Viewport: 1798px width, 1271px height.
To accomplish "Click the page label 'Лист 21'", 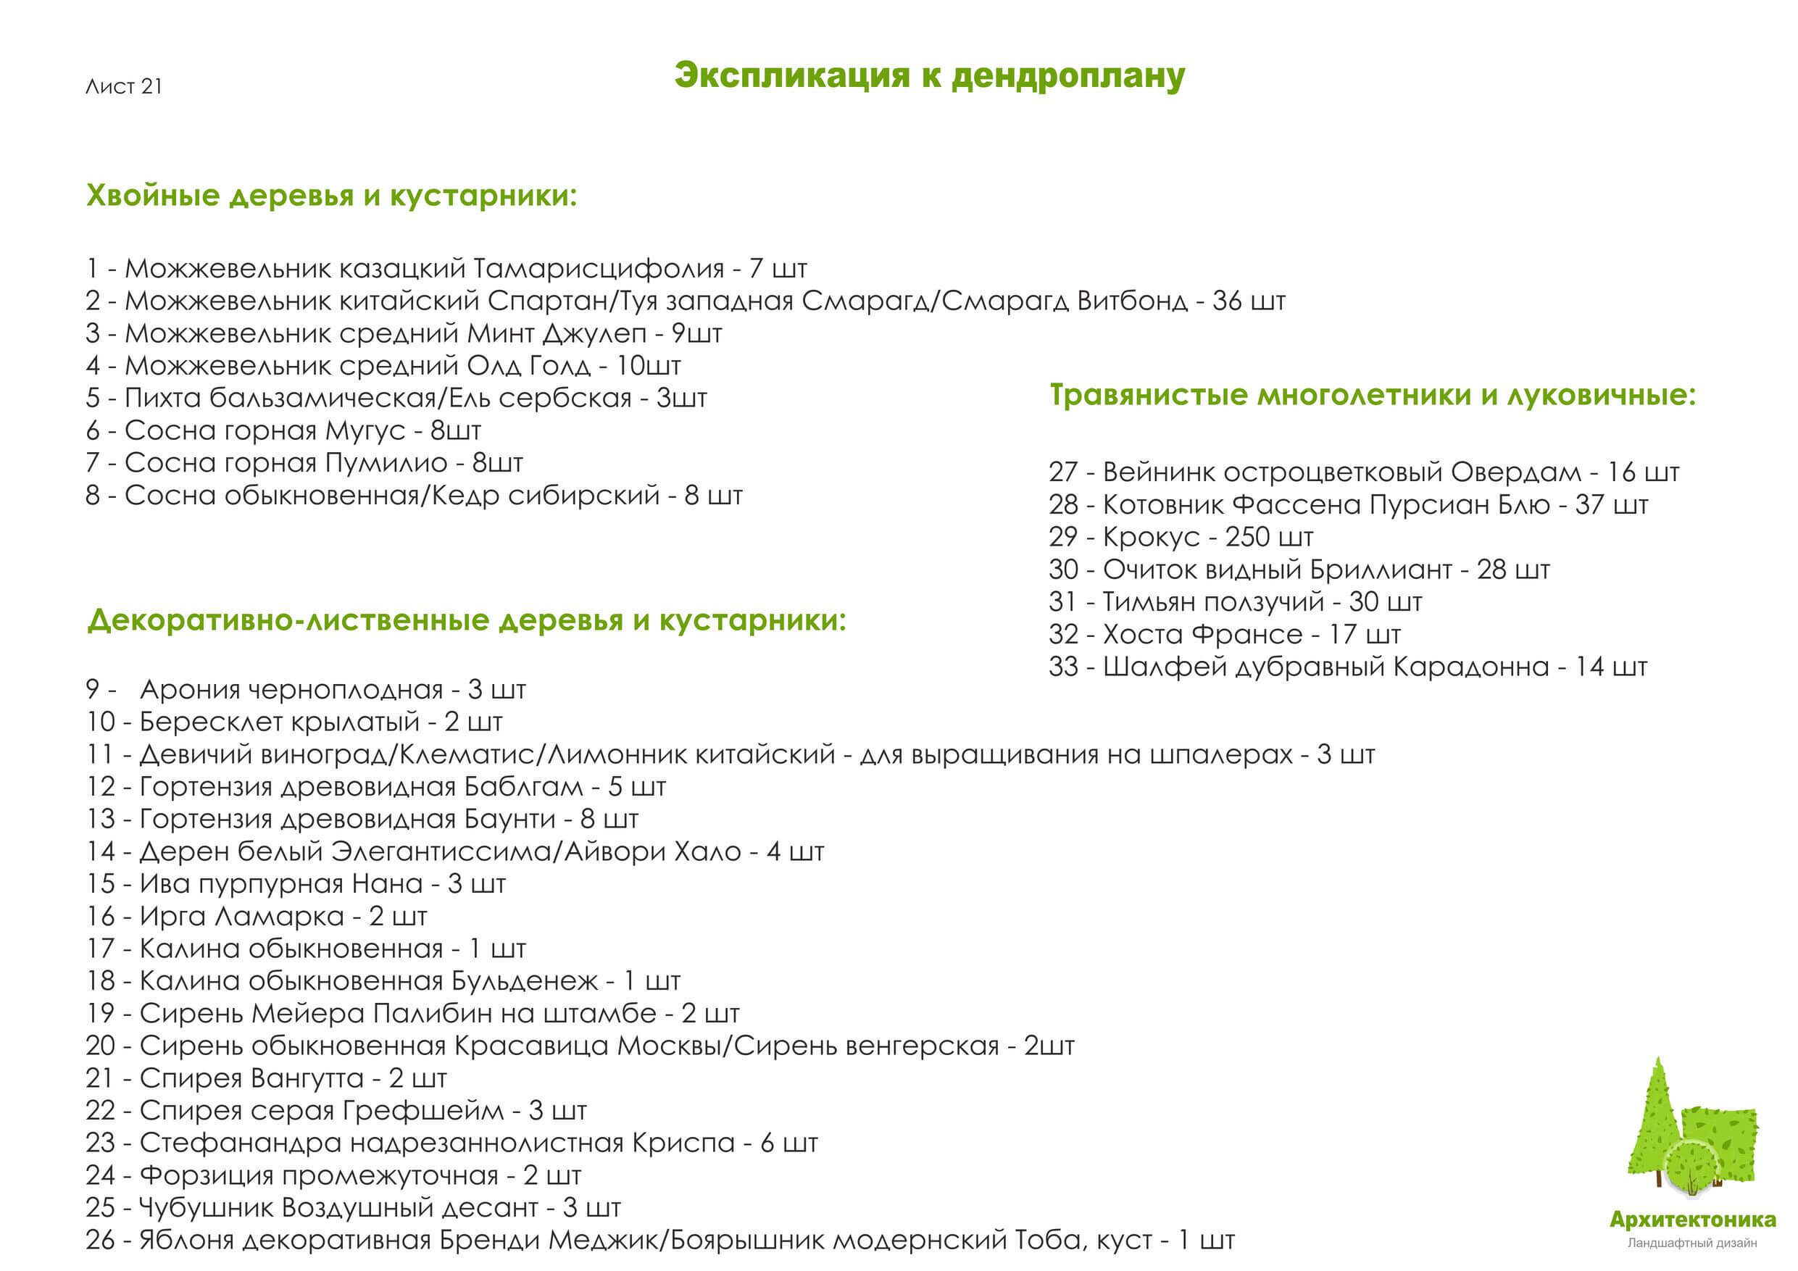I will coord(124,86).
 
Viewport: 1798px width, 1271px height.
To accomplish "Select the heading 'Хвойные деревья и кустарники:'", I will coord(331,196).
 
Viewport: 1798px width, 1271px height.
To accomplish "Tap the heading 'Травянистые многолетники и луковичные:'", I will coord(1372,395).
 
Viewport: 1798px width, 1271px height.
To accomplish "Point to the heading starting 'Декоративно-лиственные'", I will coord(467,620).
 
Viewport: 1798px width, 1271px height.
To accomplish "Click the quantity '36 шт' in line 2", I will coord(1248,301).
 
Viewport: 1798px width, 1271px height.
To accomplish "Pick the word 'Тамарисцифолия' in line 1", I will coord(599,269).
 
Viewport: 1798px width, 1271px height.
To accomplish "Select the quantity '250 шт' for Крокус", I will coord(1269,537).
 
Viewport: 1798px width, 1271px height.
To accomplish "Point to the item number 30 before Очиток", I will coord(1062,570).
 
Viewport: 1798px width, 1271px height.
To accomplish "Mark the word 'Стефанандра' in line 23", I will coord(241,1143).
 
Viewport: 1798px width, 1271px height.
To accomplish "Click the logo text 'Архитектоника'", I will coord(1692,1220).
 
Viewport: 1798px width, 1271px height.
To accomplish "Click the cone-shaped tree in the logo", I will coord(1654,1128).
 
